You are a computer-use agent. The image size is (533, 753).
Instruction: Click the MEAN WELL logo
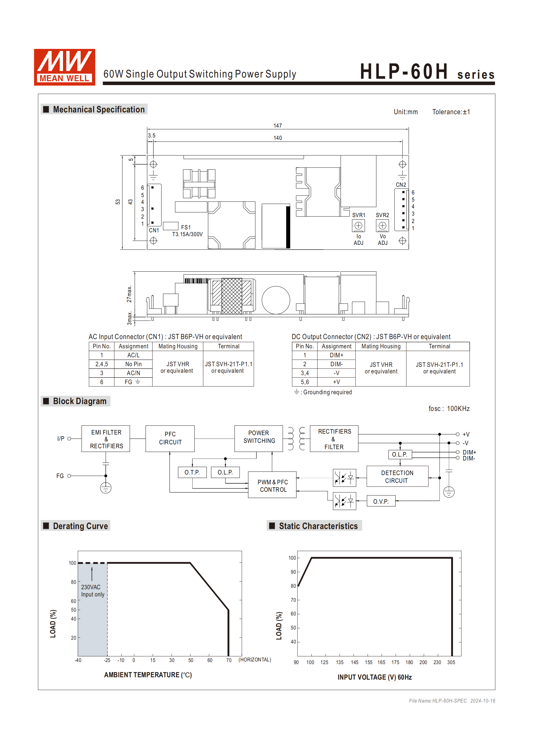tap(64, 67)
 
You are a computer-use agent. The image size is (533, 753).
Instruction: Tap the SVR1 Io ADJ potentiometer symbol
tap(358, 226)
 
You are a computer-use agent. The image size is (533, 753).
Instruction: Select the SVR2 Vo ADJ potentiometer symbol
tap(382, 226)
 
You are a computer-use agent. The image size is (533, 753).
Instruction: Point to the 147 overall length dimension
tap(277, 126)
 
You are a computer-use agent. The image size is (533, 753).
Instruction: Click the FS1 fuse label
tap(185, 227)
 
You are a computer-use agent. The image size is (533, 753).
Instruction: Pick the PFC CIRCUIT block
tap(170, 438)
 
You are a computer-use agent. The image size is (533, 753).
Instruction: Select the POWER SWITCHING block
tap(259, 437)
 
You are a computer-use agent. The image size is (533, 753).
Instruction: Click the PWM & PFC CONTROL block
tap(272, 486)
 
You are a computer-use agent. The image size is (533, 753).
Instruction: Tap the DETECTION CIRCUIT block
tap(397, 477)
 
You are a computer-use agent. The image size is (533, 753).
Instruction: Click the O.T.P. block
tap(192, 472)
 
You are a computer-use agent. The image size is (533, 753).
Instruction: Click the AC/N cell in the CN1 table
tap(133, 373)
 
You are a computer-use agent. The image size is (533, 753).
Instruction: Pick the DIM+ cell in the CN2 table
tap(336, 355)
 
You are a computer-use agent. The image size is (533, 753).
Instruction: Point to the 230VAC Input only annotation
tap(92, 591)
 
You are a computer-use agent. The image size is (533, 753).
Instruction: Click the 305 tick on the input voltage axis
tap(451, 662)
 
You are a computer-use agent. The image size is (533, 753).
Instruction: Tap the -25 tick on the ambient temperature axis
tap(107, 660)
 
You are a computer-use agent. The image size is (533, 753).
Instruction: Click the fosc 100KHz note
tap(448, 409)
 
